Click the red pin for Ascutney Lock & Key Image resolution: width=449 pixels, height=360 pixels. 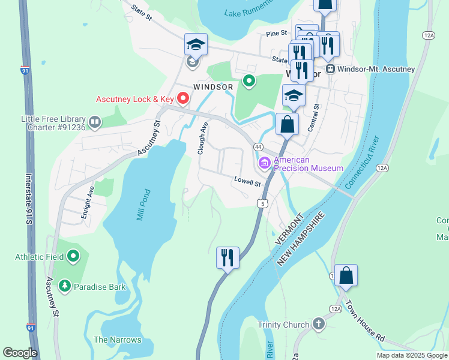[169, 98]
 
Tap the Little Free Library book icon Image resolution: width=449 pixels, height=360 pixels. [95, 123]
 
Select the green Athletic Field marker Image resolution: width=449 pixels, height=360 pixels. [74, 257]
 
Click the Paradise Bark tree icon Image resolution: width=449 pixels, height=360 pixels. [65, 286]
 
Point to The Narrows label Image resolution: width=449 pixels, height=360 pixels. [117, 340]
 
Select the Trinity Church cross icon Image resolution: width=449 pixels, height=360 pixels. [318, 325]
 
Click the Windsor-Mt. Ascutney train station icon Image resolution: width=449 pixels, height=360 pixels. [330, 69]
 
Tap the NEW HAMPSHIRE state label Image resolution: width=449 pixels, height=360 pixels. [301, 239]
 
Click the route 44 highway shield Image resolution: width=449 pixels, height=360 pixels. [258, 147]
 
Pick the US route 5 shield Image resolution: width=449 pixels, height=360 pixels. [261, 203]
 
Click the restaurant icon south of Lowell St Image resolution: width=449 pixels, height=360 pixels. [228, 258]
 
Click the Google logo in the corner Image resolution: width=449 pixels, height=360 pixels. [20, 353]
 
